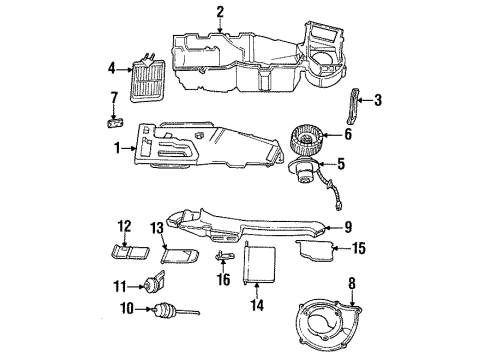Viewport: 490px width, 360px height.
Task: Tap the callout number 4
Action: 111,68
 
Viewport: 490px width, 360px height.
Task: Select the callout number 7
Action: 114,96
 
